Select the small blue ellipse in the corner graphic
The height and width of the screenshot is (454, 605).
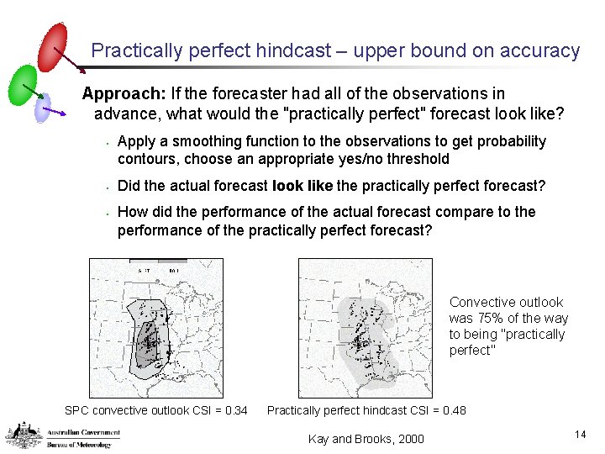(x=43, y=107)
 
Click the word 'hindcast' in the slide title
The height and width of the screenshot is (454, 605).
(x=294, y=50)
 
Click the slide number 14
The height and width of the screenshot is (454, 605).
(x=579, y=434)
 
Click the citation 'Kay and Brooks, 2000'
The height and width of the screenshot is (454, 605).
(x=366, y=439)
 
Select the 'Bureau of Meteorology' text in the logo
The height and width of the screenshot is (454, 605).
(x=83, y=443)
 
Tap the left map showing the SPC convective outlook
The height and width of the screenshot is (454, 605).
(x=156, y=327)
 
